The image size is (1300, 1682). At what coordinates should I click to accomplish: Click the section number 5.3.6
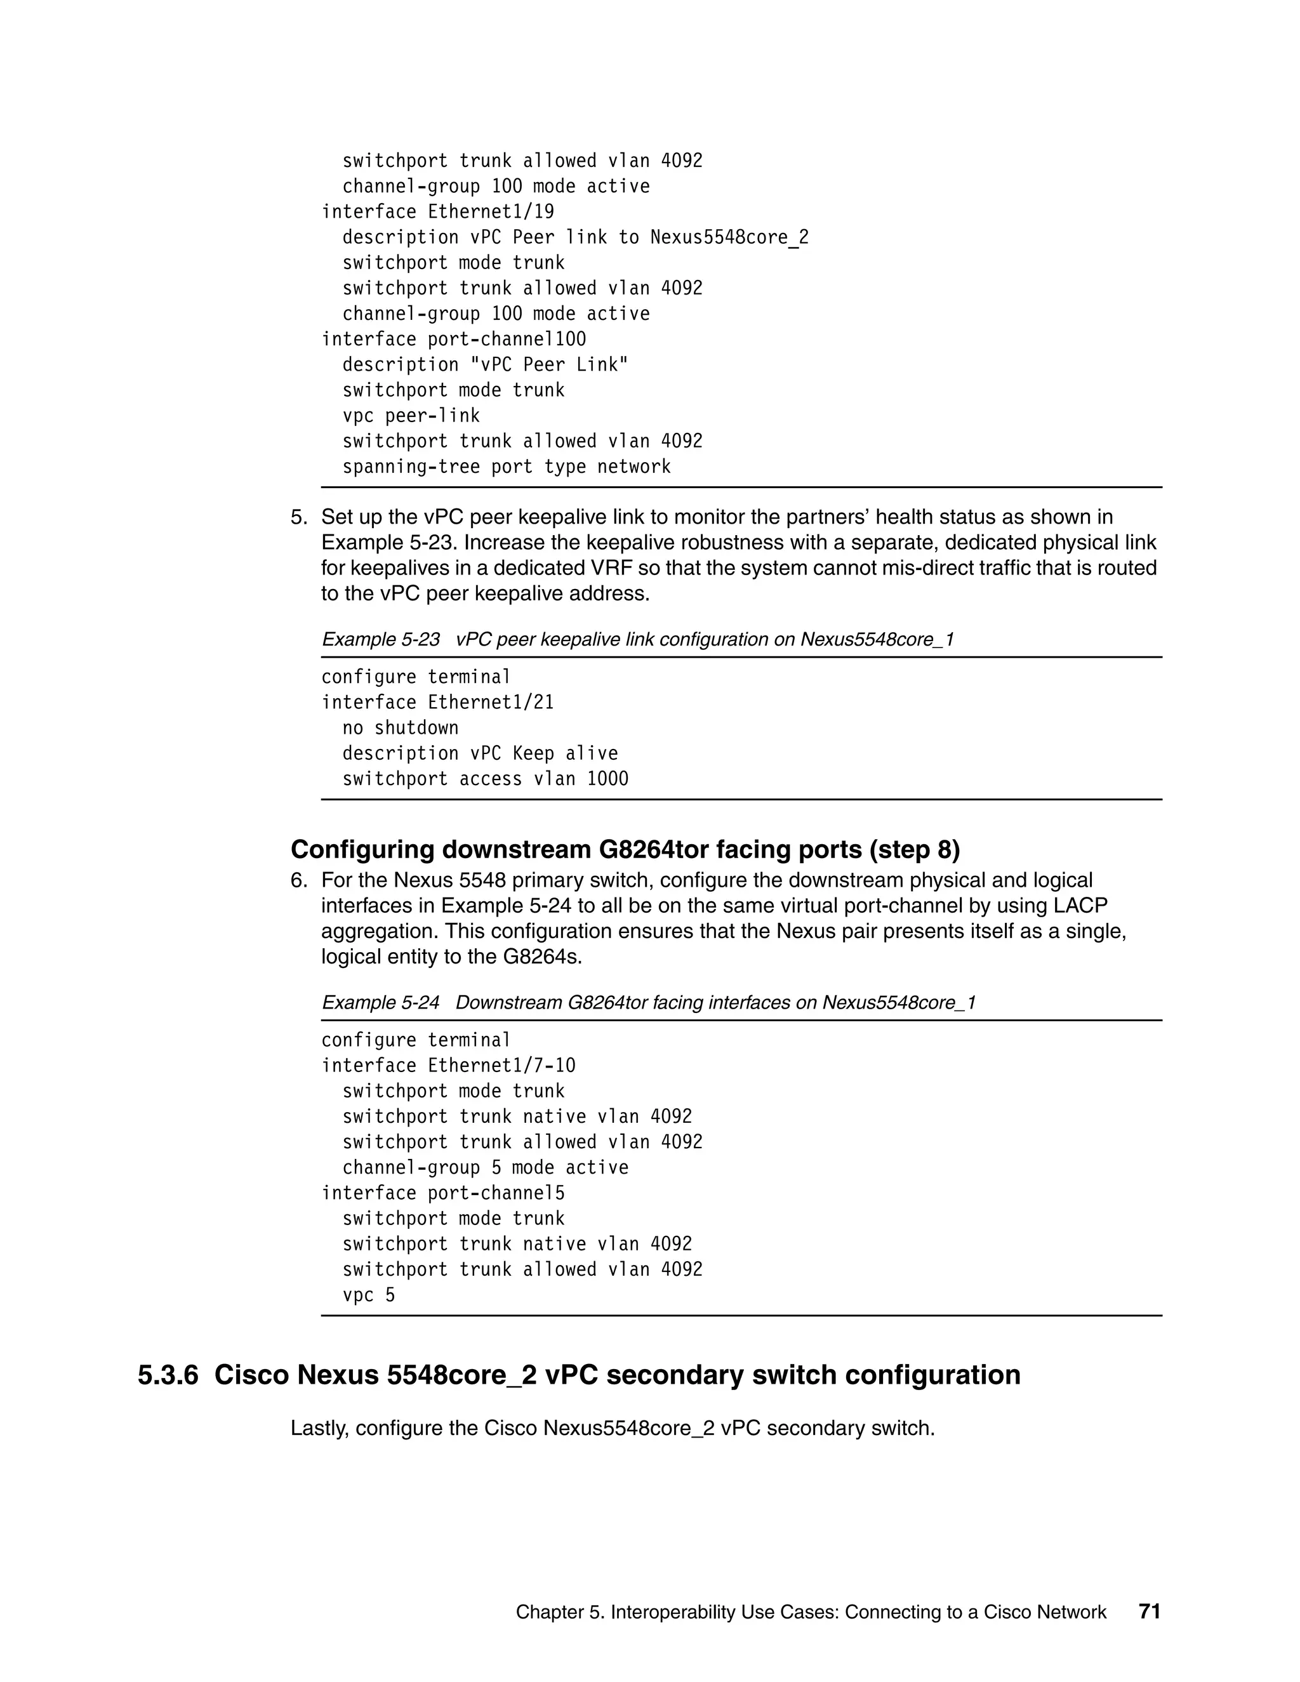168,1375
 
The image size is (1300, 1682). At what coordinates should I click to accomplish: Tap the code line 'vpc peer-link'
411,416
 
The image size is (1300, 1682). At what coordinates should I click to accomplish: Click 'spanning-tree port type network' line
506,467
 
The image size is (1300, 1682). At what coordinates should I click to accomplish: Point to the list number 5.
298,517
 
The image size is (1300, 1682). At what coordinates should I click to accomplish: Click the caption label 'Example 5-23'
380,639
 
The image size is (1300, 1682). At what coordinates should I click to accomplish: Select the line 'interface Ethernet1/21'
437,703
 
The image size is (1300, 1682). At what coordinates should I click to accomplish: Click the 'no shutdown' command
400,728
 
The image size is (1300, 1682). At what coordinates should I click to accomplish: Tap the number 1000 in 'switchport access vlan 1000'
607,779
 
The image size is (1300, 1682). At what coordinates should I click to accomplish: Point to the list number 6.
298,880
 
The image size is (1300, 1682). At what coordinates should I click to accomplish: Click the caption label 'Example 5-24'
380,1003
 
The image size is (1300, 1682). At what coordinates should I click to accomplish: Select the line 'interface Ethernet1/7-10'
448,1066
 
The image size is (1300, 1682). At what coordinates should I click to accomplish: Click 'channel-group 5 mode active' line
485,1167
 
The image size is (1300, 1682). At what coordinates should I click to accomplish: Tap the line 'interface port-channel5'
443,1193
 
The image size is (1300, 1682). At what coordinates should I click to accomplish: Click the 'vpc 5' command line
368,1295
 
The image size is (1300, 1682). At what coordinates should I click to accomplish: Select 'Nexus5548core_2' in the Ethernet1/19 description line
729,237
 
